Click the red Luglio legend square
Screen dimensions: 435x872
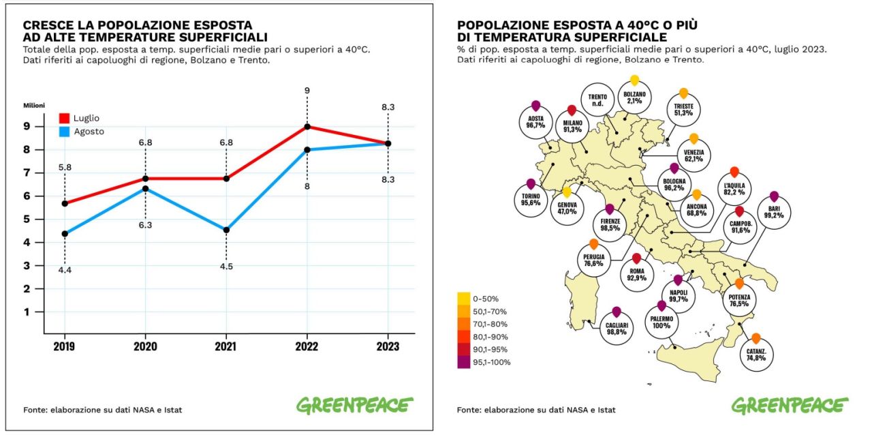pyautogui.click(x=65, y=119)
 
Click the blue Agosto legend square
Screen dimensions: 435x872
pyautogui.click(x=65, y=132)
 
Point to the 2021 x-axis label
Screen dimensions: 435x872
pyautogui.click(x=225, y=346)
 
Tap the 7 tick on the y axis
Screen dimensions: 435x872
pyautogui.click(x=45, y=172)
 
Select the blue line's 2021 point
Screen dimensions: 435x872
pyautogui.click(x=226, y=230)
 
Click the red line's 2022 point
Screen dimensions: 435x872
pyautogui.click(x=307, y=126)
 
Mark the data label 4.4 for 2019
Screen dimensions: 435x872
pyautogui.click(x=65, y=271)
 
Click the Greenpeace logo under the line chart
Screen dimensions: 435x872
pyautogui.click(x=354, y=405)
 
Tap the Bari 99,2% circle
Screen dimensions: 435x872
pyautogui.click(x=773, y=214)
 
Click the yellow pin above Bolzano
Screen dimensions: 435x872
pyautogui.click(x=634, y=80)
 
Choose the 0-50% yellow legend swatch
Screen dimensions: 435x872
pyautogui.click(x=463, y=298)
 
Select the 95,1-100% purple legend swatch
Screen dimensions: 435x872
pyautogui.click(x=463, y=362)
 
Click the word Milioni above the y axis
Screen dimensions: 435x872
pyautogui.click(x=34, y=105)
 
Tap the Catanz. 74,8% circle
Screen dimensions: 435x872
pyautogui.click(x=756, y=352)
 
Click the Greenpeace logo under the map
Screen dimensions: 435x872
pyautogui.click(x=790, y=405)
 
